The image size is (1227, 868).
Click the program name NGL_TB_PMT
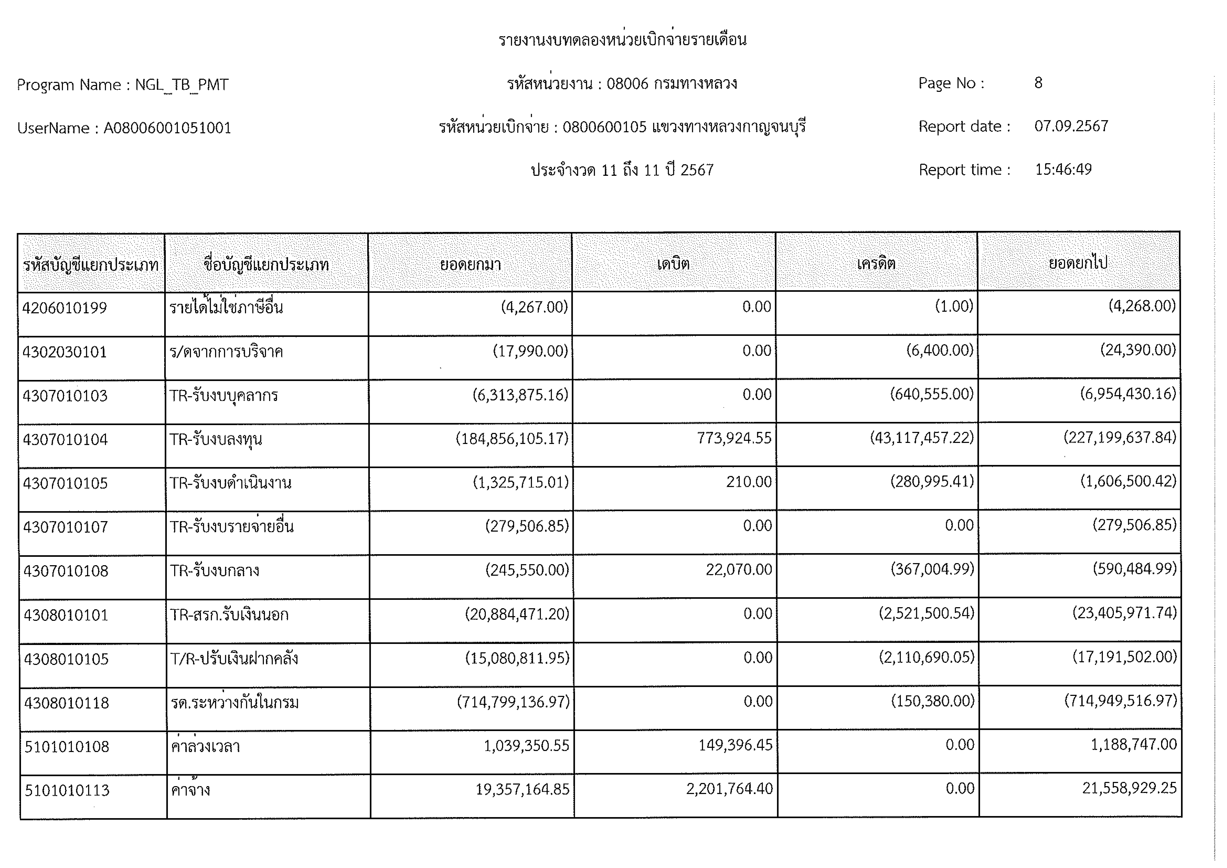coord(182,85)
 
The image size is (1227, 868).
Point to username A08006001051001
coord(167,128)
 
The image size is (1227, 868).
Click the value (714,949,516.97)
coord(1120,701)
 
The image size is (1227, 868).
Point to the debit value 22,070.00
coord(739,570)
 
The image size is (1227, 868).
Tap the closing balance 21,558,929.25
coord(1129,788)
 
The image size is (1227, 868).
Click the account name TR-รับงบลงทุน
coord(216,439)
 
